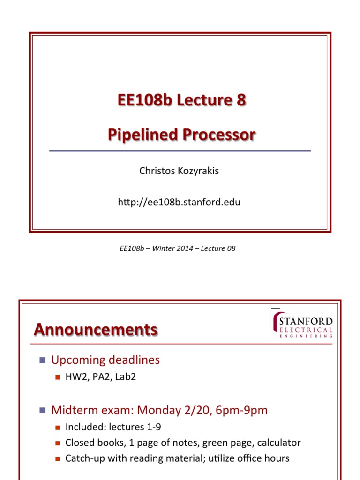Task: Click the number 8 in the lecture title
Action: click(x=241, y=100)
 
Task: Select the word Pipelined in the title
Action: click(x=143, y=135)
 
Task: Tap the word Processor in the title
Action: click(x=219, y=135)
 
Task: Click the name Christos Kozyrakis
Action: click(x=179, y=171)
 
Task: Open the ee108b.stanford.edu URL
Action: click(x=179, y=202)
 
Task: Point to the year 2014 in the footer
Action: click(x=184, y=248)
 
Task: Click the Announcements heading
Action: click(x=96, y=330)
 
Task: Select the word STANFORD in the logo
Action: click(x=306, y=321)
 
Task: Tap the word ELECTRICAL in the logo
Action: click(x=306, y=330)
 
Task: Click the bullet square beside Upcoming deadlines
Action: click(x=43, y=360)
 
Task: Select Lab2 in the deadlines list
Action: click(x=126, y=376)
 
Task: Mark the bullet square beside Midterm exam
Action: click(x=43, y=410)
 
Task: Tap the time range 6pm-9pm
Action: click(x=241, y=411)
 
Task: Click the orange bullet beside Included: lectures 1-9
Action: click(x=58, y=427)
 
